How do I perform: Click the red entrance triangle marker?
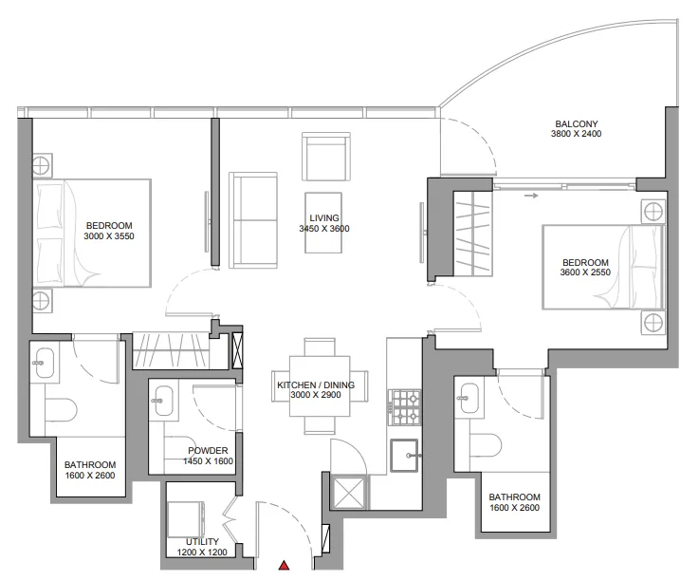coord(284,566)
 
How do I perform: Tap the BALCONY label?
coord(576,123)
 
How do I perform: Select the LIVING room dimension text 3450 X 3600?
coord(324,229)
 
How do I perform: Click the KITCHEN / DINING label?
coord(316,384)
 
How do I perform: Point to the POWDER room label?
coord(208,451)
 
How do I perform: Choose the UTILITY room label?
coord(202,542)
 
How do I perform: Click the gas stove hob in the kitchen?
coord(405,407)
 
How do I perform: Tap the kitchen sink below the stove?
coord(405,455)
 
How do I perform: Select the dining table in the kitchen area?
coord(320,386)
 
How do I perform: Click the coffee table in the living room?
coord(323,223)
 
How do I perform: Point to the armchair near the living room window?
coord(326,157)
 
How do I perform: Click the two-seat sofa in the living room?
coord(253,220)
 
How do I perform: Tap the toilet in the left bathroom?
coord(61,409)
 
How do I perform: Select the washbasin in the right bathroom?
coord(469,397)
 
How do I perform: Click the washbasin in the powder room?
coord(163,400)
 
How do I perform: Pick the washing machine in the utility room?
coord(186,518)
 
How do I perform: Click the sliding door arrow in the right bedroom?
coord(531,196)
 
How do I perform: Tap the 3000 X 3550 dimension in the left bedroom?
coord(109,236)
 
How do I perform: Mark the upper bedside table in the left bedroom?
coord(42,165)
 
